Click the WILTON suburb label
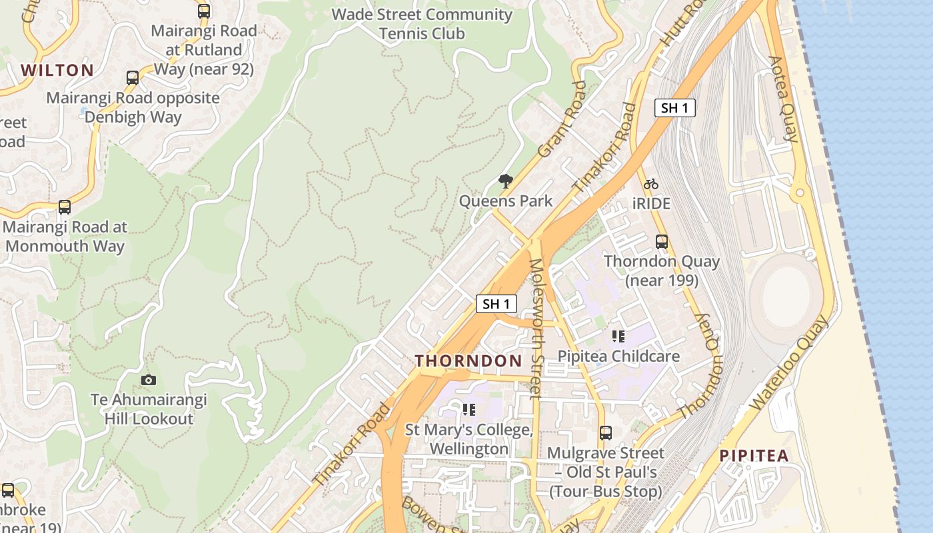point(57,70)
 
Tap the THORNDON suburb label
point(468,361)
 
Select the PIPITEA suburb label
point(754,456)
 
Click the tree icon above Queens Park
point(506,181)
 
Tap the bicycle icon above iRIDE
point(651,184)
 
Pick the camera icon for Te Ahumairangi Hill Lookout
point(149,380)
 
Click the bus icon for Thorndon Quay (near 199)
point(662,242)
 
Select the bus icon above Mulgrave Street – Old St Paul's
point(605,433)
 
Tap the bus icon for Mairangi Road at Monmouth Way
point(65,207)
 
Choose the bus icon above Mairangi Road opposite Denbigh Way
point(133,78)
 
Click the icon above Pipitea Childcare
point(618,336)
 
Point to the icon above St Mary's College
point(468,409)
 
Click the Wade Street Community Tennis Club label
point(422,23)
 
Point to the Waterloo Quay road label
point(790,363)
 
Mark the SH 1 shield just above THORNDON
point(496,304)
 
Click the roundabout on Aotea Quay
point(799,194)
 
